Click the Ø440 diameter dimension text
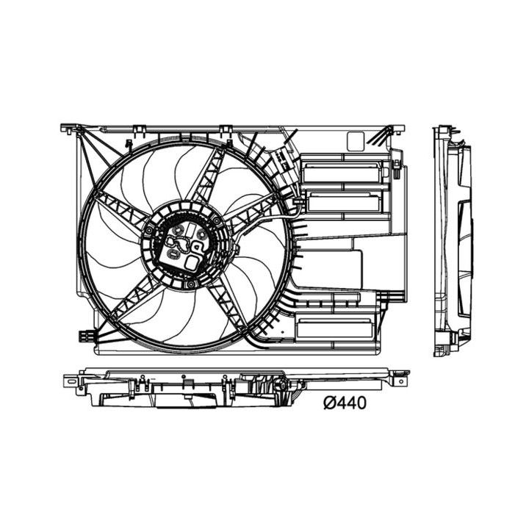(345, 402)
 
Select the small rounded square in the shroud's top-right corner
(355, 140)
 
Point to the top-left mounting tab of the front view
(71, 129)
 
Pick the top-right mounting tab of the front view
(397, 129)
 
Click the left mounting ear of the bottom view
(71, 381)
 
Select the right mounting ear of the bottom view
(400, 381)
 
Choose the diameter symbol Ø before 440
(330, 402)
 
